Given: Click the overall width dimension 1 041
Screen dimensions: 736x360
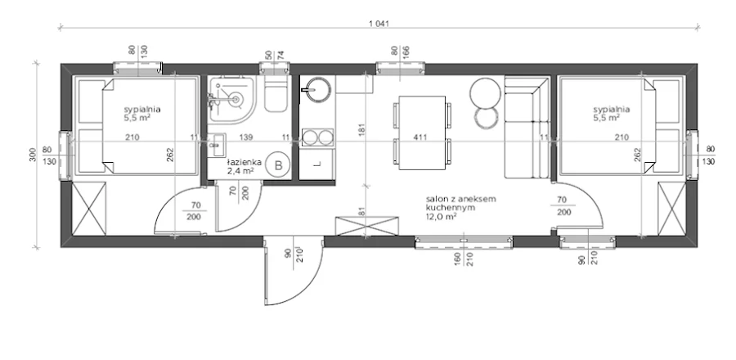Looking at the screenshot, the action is coord(379,24).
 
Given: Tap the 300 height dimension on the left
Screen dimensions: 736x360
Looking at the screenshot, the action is coord(33,155).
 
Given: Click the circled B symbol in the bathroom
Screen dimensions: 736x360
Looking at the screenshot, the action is coord(278,165).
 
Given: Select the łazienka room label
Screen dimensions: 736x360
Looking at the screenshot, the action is coord(244,162).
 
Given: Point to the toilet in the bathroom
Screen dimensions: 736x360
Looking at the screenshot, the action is coord(276,94).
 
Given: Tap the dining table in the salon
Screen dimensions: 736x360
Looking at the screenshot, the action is coord(422,133).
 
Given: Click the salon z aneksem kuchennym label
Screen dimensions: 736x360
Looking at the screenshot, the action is coord(460,203).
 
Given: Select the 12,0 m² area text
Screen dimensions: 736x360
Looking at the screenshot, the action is coord(442,216).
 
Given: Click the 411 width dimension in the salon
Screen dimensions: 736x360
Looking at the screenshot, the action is coord(420,137).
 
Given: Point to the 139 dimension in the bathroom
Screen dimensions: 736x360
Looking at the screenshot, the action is coord(246,137).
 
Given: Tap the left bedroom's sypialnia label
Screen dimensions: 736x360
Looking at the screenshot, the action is coord(142,110).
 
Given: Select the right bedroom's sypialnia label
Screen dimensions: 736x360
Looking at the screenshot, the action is coord(612,110).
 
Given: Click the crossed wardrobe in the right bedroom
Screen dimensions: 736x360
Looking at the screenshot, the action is coord(671,209).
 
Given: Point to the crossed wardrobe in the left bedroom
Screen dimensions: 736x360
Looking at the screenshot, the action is coord(90,209).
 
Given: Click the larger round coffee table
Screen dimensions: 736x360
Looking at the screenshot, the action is coord(485,92).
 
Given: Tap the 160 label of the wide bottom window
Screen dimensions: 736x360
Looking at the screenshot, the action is coord(457,259).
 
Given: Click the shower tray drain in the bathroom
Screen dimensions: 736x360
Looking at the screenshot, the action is coord(236,99).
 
